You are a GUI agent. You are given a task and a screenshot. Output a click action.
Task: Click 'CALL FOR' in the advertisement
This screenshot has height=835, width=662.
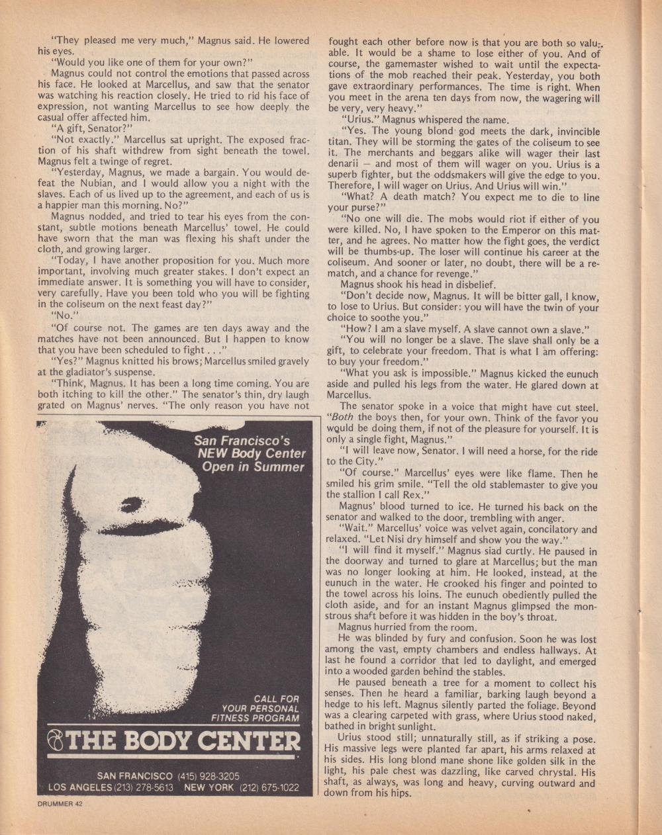276,699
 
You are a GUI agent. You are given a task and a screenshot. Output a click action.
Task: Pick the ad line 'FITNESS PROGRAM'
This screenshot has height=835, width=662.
255,718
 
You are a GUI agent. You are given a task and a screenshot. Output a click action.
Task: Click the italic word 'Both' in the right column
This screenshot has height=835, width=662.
342,417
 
